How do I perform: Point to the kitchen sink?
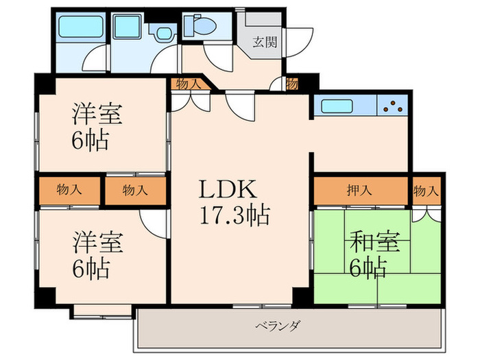335,106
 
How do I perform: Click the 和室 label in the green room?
374,243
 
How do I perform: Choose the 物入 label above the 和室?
426,191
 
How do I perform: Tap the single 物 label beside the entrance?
292,84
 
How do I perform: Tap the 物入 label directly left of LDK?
135,191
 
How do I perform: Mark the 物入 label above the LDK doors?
189,84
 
